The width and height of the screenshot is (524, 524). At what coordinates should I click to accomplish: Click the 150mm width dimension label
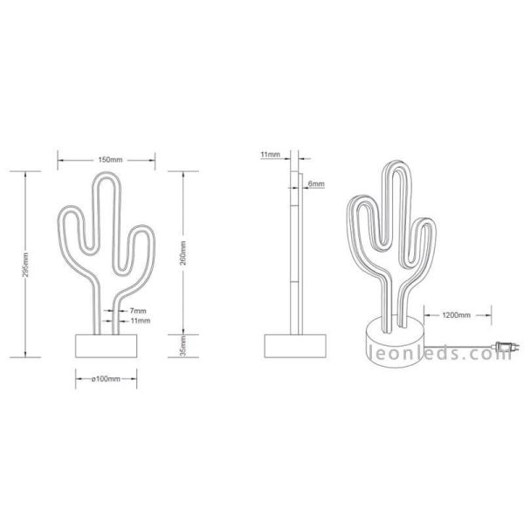pyautogui.click(x=109, y=160)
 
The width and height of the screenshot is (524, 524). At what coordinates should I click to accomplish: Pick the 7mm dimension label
pyautogui.click(x=137, y=310)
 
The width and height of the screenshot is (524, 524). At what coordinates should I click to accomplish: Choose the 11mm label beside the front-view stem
pyautogui.click(x=140, y=321)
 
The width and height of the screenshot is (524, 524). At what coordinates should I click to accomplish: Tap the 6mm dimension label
pyautogui.click(x=316, y=184)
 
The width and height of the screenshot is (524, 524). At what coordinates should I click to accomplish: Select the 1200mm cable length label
pyautogui.click(x=457, y=313)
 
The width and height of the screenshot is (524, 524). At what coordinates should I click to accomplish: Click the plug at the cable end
pyautogui.click(x=501, y=346)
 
